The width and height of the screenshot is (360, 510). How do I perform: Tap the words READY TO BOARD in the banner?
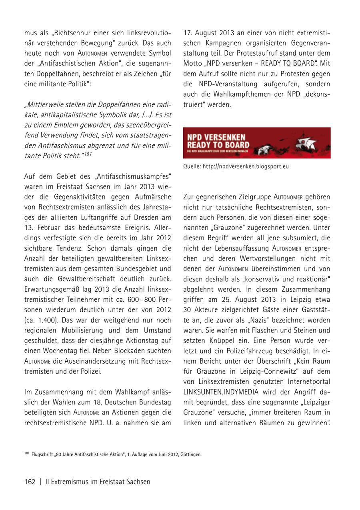coord(218,145)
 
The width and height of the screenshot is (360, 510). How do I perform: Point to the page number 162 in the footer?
coord(30,482)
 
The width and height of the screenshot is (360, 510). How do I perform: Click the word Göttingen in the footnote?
coord(191,455)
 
